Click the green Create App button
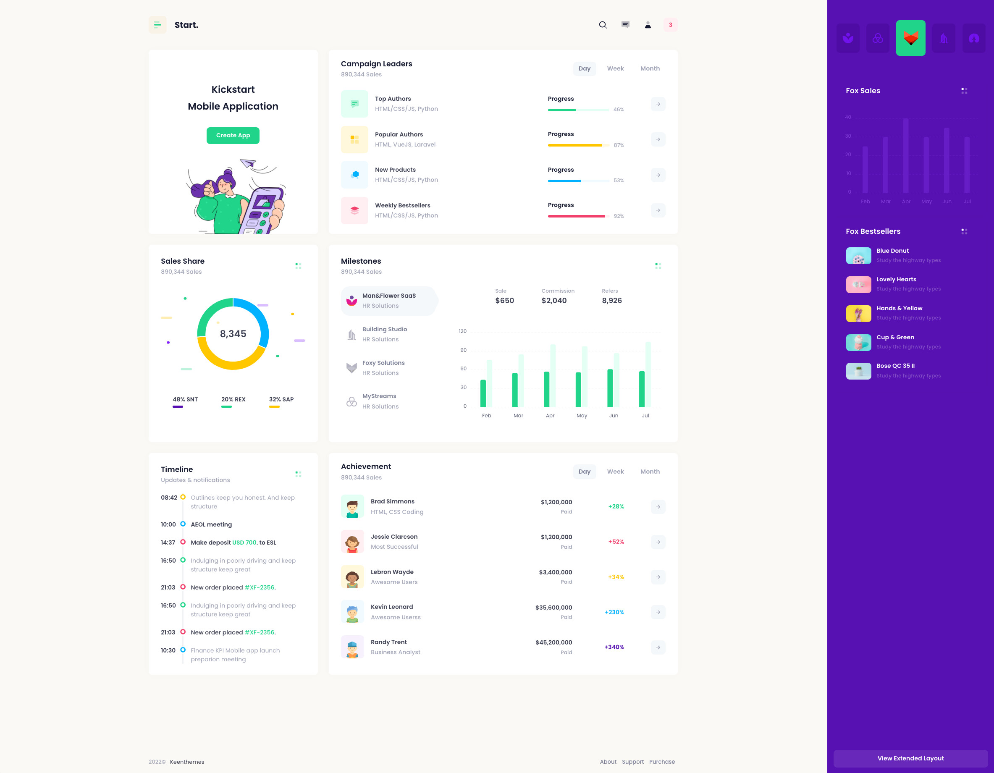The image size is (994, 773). (x=233, y=136)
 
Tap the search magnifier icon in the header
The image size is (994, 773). (x=603, y=25)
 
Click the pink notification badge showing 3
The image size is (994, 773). (x=670, y=25)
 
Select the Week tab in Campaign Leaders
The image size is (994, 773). (x=615, y=69)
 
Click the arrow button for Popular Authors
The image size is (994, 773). (x=658, y=140)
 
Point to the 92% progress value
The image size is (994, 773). (x=619, y=216)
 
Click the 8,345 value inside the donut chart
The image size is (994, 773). (x=233, y=334)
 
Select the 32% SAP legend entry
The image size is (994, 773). (x=281, y=399)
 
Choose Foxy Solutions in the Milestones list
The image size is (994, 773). (x=383, y=363)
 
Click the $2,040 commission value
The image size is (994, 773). (x=554, y=301)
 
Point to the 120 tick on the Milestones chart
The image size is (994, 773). (x=462, y=331)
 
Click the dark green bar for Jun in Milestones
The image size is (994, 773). (x=610, y=388)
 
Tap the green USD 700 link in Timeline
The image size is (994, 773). (x=244, y=542)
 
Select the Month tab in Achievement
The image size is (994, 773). (x=650, y=472)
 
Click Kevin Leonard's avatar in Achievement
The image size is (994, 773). (x=352, y=612)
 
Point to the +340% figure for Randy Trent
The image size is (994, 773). (x=614, y=647)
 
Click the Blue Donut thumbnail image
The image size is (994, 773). (x=858, y=256)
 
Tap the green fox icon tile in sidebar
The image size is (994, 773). (x=910, y=38)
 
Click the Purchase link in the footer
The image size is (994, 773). (x=662, y=762)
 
